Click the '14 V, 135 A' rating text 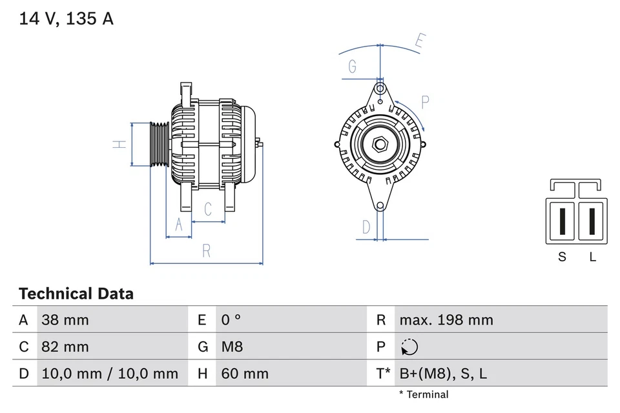pos(66,19)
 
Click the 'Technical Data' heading pos(76,294)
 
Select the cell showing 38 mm pos(65,319)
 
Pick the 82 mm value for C pos(65,347)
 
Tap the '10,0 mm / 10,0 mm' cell pos(110,373)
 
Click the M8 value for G pos(232,347)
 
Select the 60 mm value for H pos(245,373)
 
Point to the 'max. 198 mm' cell pos(446,319)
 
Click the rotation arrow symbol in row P pos(409,347)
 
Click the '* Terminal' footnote pos(424,394)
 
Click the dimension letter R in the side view pos(207,252)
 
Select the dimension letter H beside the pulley pos(119,144)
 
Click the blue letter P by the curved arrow pos(425,101)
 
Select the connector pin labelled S pos(563,221)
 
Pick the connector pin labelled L pos(592,221)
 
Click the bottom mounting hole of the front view pos(380,206)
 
